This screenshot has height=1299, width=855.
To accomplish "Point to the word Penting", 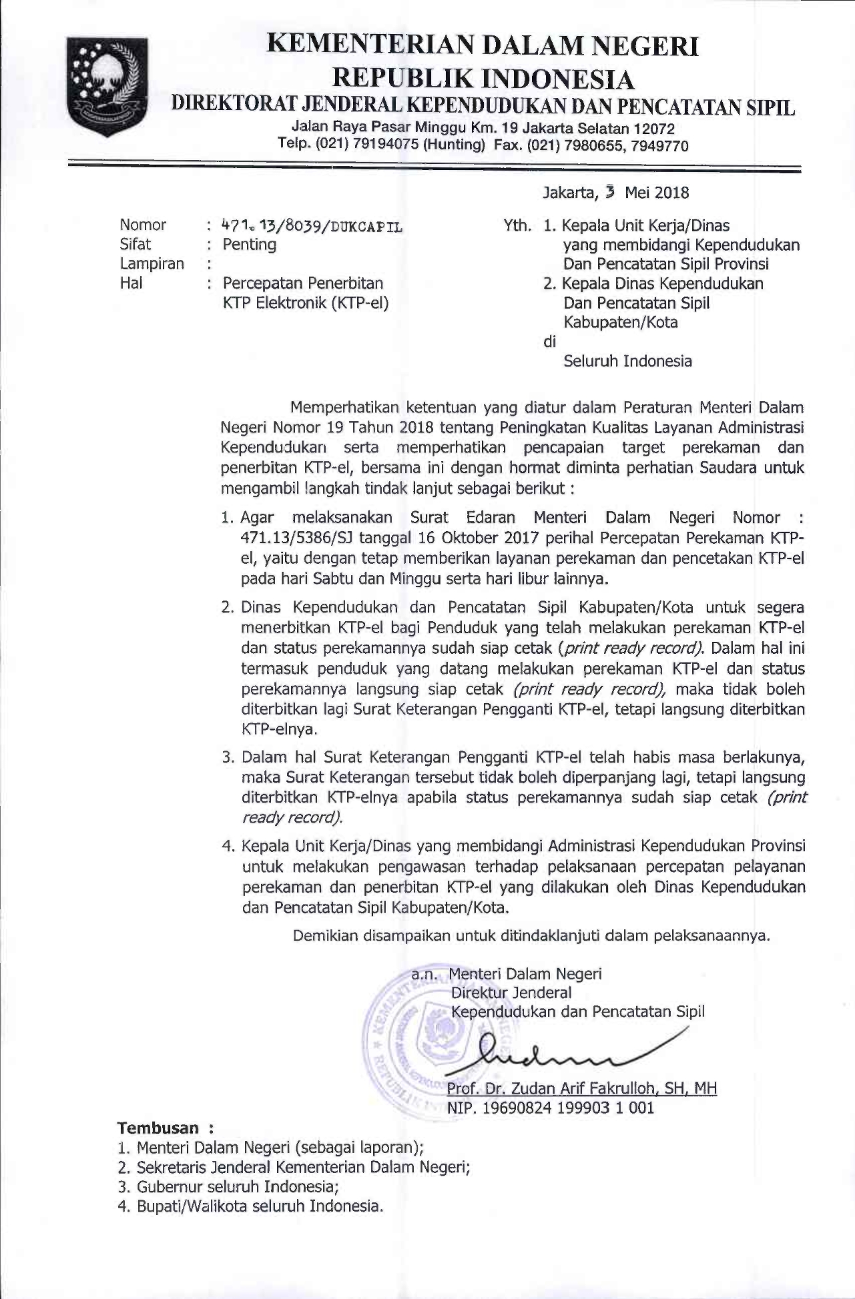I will (x=250, y=244).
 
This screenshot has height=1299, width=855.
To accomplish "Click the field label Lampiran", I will (x=152, y=264).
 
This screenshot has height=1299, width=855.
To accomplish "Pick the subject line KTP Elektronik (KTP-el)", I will (x=306, y=303).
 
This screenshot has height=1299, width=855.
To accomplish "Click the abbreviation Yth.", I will (x=517, y=226).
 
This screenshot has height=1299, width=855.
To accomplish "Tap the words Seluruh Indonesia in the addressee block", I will (x=627, y=361).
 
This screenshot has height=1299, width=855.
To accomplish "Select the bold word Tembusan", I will (x=158, y=1128).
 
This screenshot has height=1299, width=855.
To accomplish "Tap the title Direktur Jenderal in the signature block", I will (x=511, y=992).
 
